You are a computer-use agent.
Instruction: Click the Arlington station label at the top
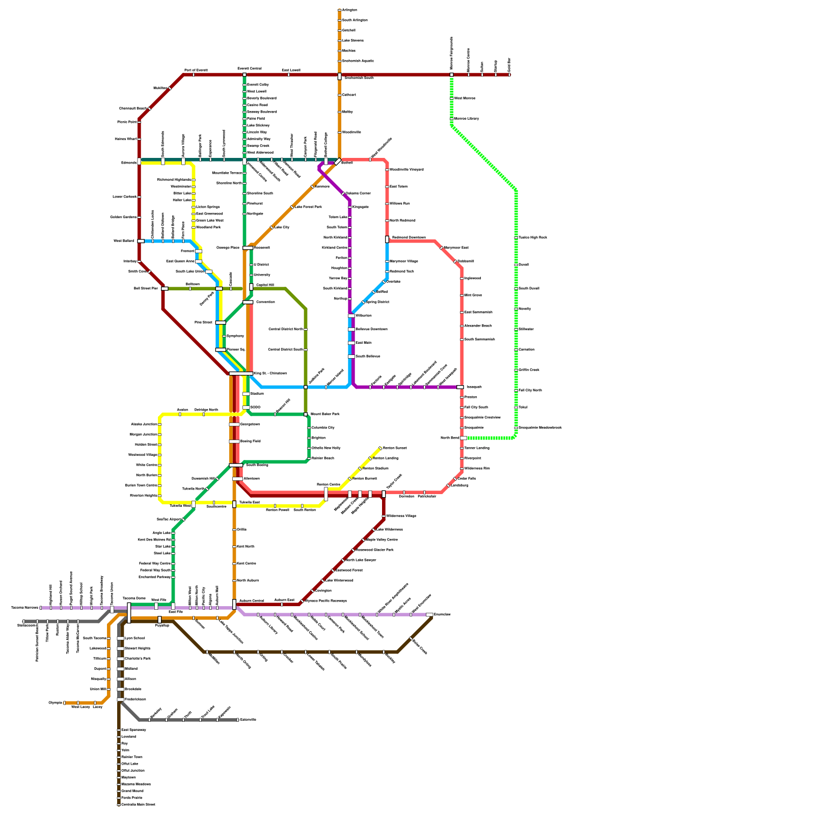(349, 10)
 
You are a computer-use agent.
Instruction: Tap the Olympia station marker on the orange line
(65, 703)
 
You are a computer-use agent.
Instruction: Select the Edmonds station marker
(139, 162)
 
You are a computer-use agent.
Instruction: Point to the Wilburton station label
(363, 316)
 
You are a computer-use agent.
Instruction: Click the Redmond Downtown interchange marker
(387, 239)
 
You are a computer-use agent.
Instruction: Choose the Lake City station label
(282, 227)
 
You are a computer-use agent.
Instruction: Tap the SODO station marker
(246, 407)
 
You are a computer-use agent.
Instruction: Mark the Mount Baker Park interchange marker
(306, 414)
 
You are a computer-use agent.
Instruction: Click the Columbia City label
(323, 428)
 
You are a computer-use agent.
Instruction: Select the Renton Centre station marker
(326, 494)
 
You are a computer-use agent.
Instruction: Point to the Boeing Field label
(250, 441)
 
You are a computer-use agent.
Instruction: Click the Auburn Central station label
(252, 601)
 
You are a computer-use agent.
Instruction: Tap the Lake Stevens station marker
(340, 40)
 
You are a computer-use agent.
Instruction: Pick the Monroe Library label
(466, 119)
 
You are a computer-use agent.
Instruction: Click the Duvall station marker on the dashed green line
(516, 265)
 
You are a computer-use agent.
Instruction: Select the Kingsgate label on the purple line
(360, 207)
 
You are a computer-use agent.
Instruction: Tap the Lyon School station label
(134, 638)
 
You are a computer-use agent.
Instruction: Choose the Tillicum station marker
(108, 659)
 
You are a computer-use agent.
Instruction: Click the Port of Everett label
(196, 70)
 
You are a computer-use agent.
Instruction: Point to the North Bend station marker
(463, 438)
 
